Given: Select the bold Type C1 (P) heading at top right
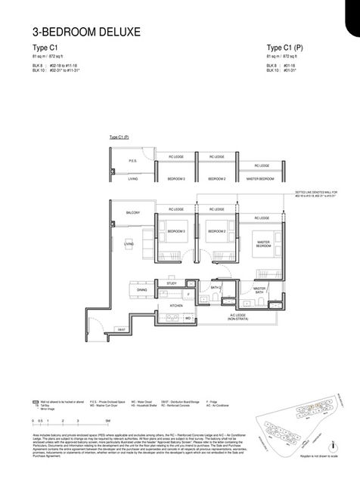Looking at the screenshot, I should tap(285, 47).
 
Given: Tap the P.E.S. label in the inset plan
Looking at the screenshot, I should tap(132, 161).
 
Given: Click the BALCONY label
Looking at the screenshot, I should tap(134, 212).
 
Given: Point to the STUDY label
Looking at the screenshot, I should tap(172, 283).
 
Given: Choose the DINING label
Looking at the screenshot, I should tap(141, 289).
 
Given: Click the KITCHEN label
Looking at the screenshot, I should tap(176, 305).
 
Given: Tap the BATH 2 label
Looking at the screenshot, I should tap(215, 287).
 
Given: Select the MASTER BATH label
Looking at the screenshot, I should tap(259, 291).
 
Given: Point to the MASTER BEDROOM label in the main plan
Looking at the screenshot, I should tap(262, 244).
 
